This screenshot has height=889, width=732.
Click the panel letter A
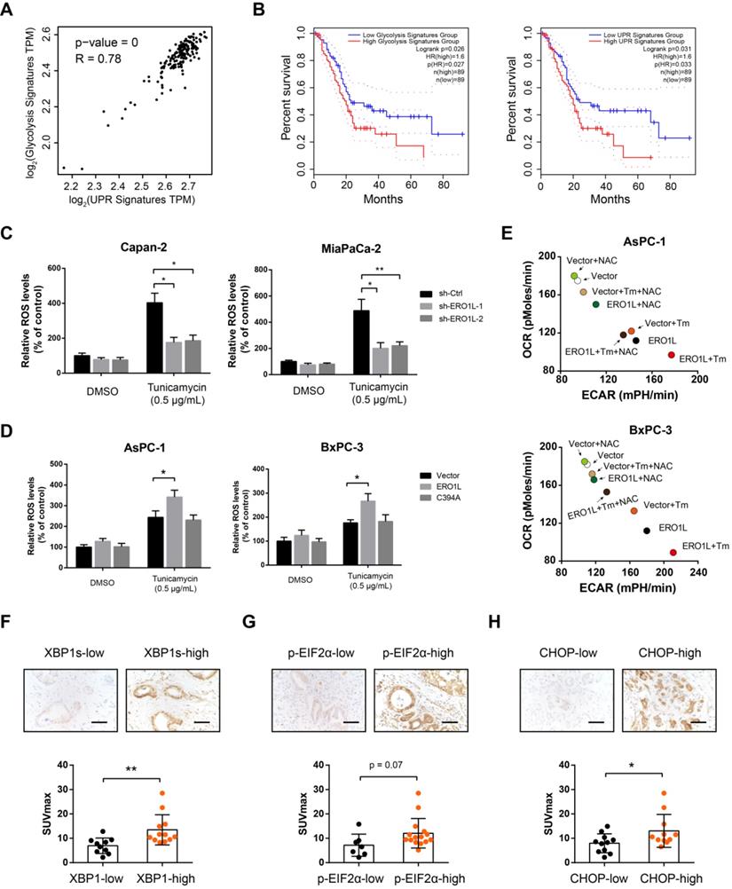pyautogui.click(x=12, y=12)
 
